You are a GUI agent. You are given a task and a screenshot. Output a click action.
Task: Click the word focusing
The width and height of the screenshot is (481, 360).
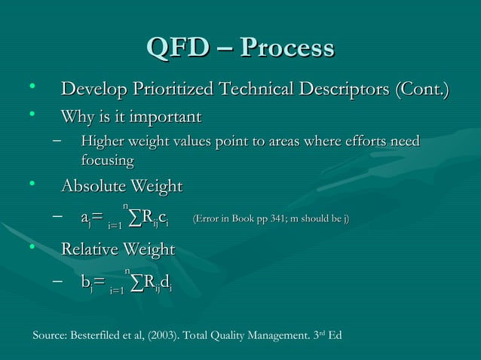[108, 160]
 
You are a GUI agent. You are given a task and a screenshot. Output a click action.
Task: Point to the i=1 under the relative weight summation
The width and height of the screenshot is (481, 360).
[117, 288]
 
